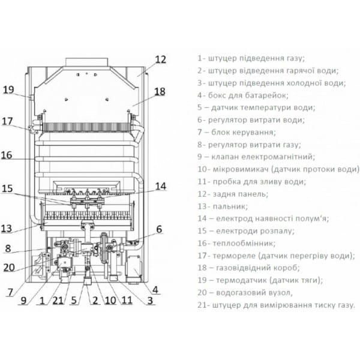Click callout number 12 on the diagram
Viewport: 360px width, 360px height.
(x=160, y=59)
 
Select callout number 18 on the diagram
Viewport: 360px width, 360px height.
(x=158, y=92)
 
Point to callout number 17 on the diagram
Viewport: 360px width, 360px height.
(x=7, y=121)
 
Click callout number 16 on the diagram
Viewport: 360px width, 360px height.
(x=7, y=155)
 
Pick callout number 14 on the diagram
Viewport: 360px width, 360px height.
(x=160, y=186)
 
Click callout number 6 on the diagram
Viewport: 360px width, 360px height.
(x=159, y=229)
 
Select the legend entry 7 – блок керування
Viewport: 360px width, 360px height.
(x=236, y=132)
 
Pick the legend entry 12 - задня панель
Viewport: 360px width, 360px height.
(x=232, y=194)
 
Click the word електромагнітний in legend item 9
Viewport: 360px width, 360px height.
(x=281, y=157)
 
